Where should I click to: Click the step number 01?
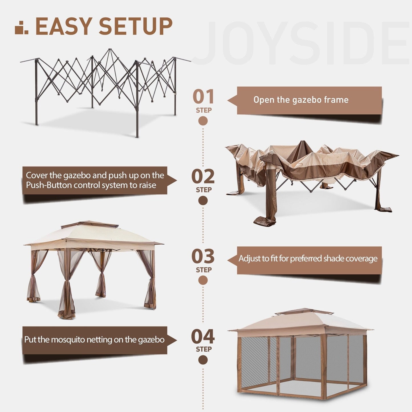(203, 97)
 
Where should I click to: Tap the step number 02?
(203, 176)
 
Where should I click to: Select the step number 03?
(203, 256)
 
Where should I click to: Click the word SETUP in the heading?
(135, 27)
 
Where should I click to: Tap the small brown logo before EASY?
(22, 28)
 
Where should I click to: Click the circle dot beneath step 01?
(203, 121)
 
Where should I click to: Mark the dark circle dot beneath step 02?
(203, 201)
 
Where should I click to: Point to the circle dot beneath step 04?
(203, 360)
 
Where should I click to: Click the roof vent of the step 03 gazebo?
(90, 225)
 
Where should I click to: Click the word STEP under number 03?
(203, 270)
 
